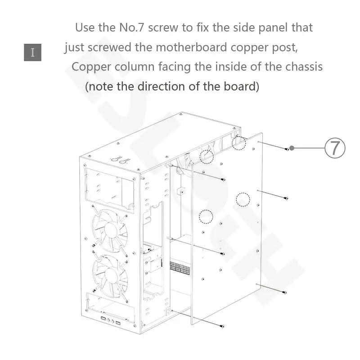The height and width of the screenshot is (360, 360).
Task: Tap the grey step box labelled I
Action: click(32, 52)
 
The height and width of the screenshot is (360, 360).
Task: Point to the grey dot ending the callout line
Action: click(292, 148)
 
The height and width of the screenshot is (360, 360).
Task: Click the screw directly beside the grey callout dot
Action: click(287, 149)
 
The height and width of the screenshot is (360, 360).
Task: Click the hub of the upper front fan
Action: click(109, 229)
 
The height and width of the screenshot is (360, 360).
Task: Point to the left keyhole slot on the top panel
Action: click(117, 159)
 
